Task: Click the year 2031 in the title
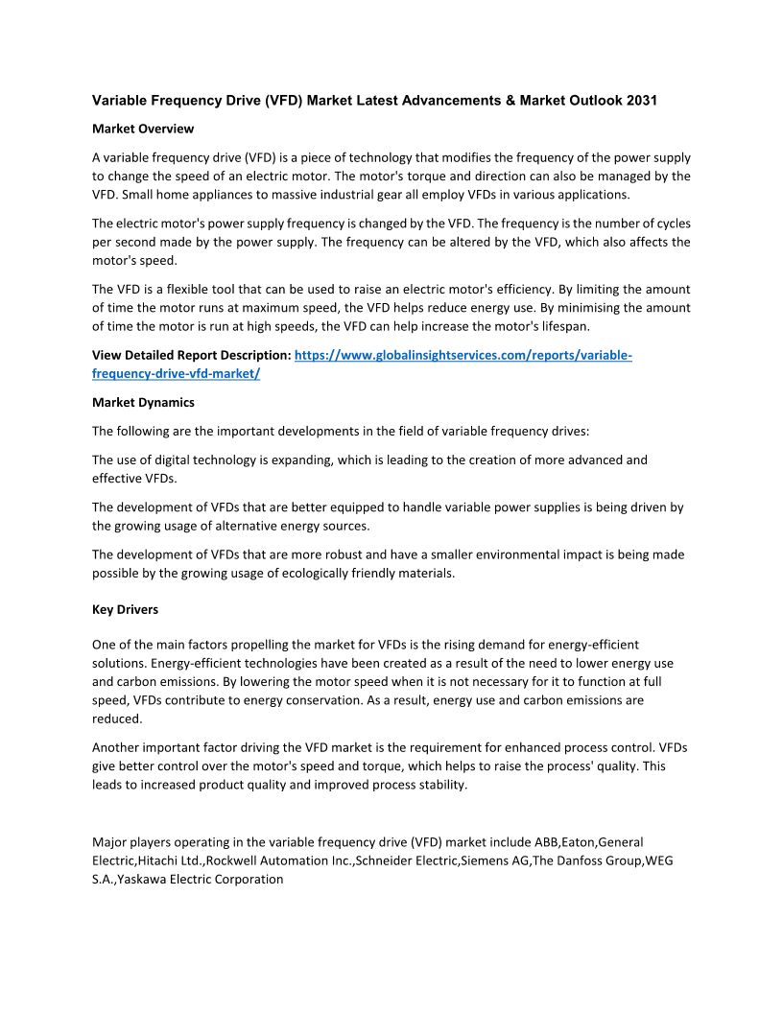[641, 101]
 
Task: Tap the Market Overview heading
[143, 129]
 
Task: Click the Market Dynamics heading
[143, 402]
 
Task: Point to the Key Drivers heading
[125, 609]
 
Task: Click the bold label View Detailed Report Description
[191, 355]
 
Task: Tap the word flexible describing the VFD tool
[176, 289]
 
